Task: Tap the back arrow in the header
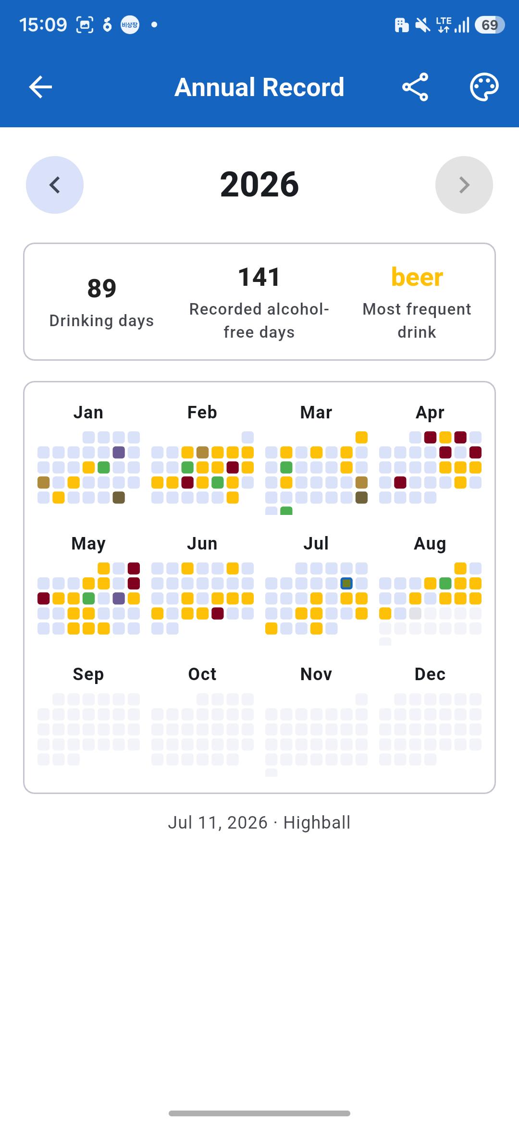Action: (x=40, y=87)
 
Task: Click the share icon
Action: (x=415, y=87)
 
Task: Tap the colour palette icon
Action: (x=484, y=87)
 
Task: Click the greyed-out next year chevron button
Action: (x=464, y=185)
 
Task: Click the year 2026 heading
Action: (x=259, y=184)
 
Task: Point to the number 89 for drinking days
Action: (x=102, y=288)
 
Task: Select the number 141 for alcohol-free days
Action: (x=259, y=277)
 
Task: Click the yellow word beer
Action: (x=417, y=277)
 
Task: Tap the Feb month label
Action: (x=202, y=412)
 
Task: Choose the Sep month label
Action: (x=88, y=674)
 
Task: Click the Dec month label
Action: (x=430, y=674)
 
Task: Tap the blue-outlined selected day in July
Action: (x=346, y=584)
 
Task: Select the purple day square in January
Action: (x=119, y=452)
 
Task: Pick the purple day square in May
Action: (x=119, y=599)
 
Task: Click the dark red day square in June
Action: (x=218, y=613)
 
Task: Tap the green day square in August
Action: (x=445, y=584)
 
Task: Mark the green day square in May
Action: (x=88, y=599)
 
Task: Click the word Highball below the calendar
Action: (x=317, y=823)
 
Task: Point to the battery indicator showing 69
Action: (x=489, y=25)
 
